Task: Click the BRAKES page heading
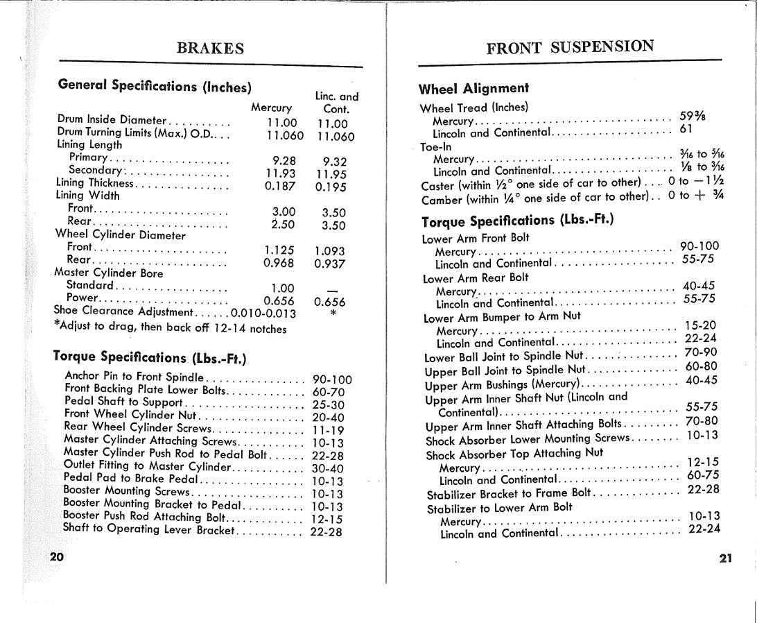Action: tap(210, 49)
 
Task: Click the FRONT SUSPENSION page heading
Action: tap(570, 47)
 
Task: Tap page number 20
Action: tap(56, 556)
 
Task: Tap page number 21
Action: tap(725, 558)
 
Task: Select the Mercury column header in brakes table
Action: tap(271, 108)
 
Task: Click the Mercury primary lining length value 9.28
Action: tap(284, 160)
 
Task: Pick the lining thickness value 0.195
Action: tap(330, 187)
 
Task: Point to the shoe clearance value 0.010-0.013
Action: tap(263, 314)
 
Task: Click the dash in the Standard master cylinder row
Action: tap(331, 289)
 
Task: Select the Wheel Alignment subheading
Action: tap(473, 89)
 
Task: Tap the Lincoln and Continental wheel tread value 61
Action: tap(686, 130)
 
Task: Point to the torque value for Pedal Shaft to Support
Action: tap(328, 405)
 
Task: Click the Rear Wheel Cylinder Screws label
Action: tap(137, 427)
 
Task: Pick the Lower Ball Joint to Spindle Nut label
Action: tap(504, 357)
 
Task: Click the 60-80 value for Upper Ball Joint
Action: tap(701, 366)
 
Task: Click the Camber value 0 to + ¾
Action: tap(695, 196)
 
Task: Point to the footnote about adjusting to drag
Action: tap(170, 328)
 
